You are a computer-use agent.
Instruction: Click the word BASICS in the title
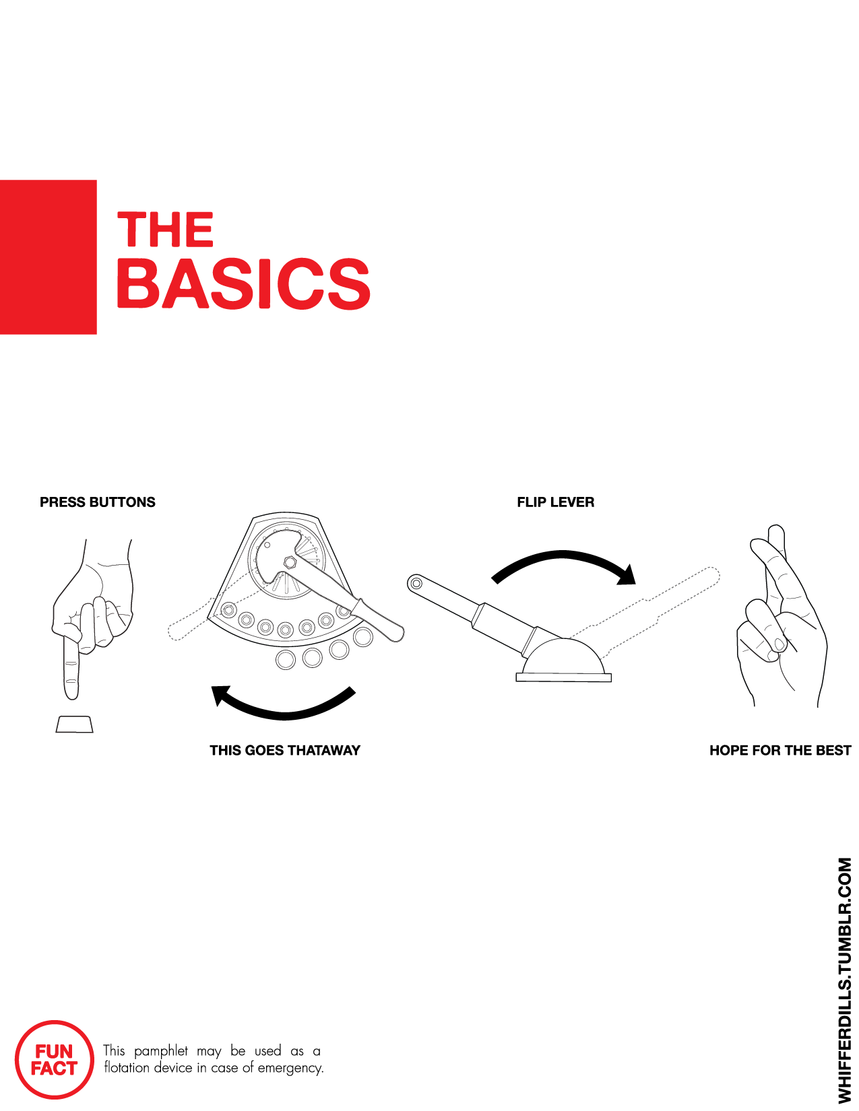coord(243,283)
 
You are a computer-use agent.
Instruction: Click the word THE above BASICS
coord(165,229)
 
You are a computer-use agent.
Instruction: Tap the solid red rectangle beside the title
coord(48,257)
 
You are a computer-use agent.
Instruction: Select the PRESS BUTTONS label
coord(97,502)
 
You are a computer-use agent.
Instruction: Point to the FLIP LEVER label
coord(556,502)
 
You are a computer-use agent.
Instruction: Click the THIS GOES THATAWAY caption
coord(285,750)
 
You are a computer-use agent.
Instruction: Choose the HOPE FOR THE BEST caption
coord(780,750)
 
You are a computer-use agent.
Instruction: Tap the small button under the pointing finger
coord(74,725)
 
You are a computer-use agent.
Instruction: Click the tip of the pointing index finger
coord(71,698)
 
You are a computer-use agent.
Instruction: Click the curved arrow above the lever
coord(563,555)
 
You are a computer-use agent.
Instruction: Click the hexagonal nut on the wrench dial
coord(290,562)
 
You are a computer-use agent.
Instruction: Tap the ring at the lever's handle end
coord(416,583)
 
